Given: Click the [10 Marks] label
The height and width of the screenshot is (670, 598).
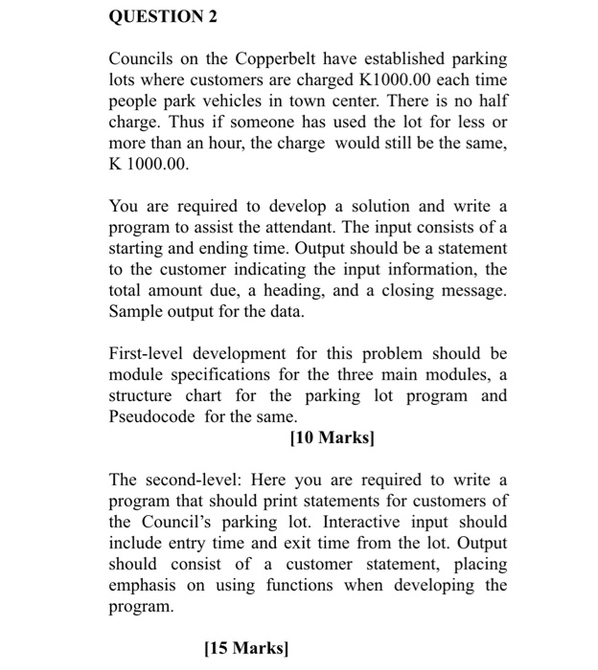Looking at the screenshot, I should [332, 438].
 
